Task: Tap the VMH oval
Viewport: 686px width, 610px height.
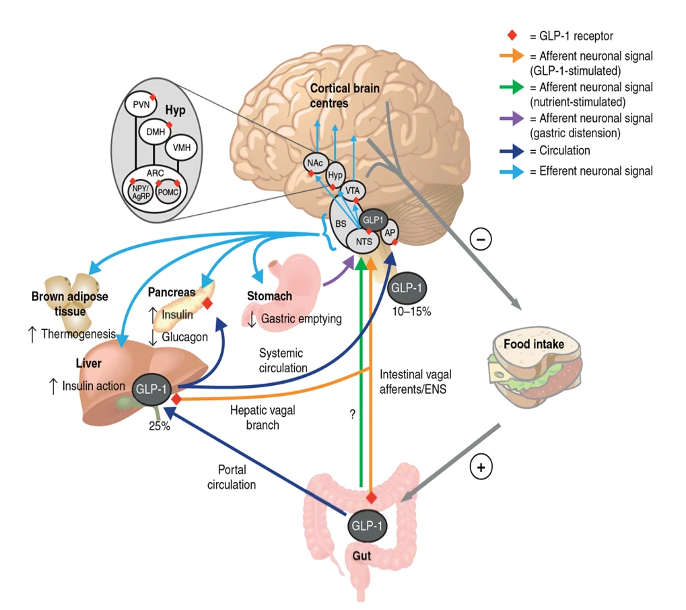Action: pos(181,146)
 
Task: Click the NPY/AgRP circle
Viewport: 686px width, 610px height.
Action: pos(140,193)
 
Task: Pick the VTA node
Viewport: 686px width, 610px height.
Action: pos(351,191)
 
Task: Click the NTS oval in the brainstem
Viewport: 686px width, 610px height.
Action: pos(364,240)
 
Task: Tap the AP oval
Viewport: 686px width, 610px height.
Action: pos(390,232)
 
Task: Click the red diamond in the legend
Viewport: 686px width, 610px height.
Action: pos(512,35)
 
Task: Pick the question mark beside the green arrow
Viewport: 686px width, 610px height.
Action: pos(352,415)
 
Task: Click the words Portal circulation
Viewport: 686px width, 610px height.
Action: pos(232,476)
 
